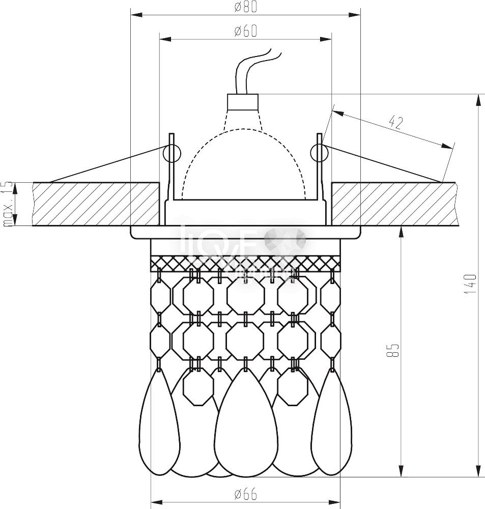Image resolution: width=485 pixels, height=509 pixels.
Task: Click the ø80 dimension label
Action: pyautogui.click(x=245, y=7)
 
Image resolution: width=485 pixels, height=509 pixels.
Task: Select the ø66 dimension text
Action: pyautogui.click(x=245, y=493)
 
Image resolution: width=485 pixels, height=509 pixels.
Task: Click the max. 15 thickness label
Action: pyautogui.click(x=7, y=204)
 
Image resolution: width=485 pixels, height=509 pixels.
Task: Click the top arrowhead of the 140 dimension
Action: pyautogui.click(x=478, y=99)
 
